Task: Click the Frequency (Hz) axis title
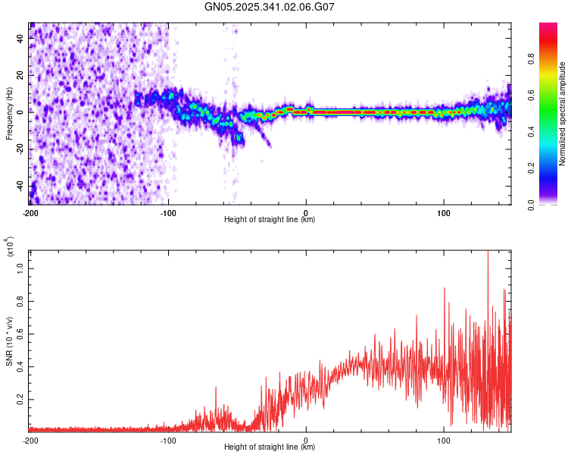(x=9, y=114)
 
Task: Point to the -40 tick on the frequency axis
(x=20, y=185)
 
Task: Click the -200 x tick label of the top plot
(x=30, y=212)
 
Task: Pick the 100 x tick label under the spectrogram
(x=444, y=212)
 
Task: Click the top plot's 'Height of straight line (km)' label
(x=270, y=220)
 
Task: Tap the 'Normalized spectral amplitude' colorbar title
(x=563, y=114)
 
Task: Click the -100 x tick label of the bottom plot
(x=168, y=440)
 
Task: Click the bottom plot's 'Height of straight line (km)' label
(x=270, y=447)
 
